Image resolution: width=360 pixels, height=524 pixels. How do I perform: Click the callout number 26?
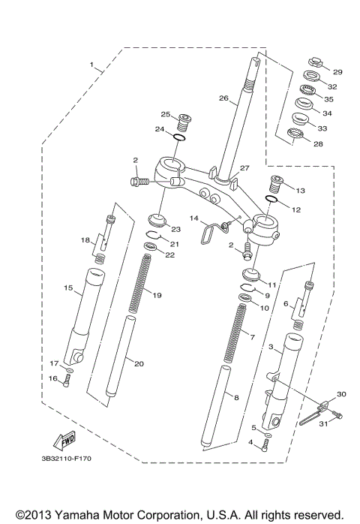pyautogui.click(x=223, y=98)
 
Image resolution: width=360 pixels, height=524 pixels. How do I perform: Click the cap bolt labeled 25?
pyautogui.click(x=184, y=119)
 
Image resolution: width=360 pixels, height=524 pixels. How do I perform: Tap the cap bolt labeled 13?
pyautogui.click(x=276, y=182)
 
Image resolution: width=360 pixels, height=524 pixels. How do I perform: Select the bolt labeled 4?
pyautogui.click(x=265, y=447)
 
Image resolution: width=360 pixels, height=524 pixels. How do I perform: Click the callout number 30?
pyautogui.click(x=341, y=394)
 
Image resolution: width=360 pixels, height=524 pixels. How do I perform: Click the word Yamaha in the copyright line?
pyautogui.click(x=78, y=515)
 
